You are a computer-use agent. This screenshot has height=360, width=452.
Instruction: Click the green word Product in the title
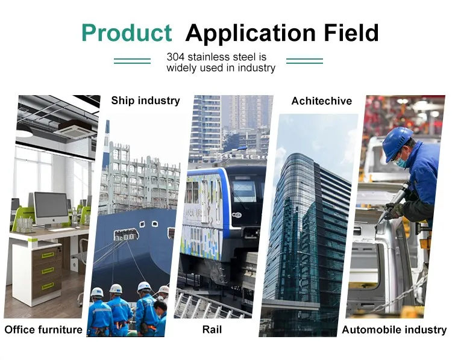pos(127,33)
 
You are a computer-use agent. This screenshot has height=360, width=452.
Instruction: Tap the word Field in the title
pos(351,33)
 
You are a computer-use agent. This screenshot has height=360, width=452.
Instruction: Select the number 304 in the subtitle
pos(175,57)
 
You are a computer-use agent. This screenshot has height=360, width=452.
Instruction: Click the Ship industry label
pos(146,101)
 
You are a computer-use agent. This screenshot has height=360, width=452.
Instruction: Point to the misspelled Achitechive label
pos(322,101)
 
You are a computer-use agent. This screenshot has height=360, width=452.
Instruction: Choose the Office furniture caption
pos(43,329)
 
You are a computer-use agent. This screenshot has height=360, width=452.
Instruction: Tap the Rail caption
pos(212,329)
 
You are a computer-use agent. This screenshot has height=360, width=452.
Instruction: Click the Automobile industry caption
pos(394,330)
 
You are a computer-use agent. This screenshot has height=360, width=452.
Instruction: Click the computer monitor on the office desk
pos(51,209)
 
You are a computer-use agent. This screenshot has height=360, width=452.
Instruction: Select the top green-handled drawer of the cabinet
pos(47,255)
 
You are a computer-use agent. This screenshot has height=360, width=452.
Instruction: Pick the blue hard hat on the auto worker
pos(397,143)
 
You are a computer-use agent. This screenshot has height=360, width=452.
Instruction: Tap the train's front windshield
pos(245,191)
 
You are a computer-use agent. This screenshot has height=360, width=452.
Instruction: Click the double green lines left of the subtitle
pos(133,61)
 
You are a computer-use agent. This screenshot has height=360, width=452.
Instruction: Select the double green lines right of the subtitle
pos(304,61)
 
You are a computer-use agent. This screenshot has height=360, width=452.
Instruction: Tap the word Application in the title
pos(251,33)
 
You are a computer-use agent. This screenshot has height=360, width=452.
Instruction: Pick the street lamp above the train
pos(232,151)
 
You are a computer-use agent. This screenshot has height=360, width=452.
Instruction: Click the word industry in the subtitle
pos(257,68)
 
